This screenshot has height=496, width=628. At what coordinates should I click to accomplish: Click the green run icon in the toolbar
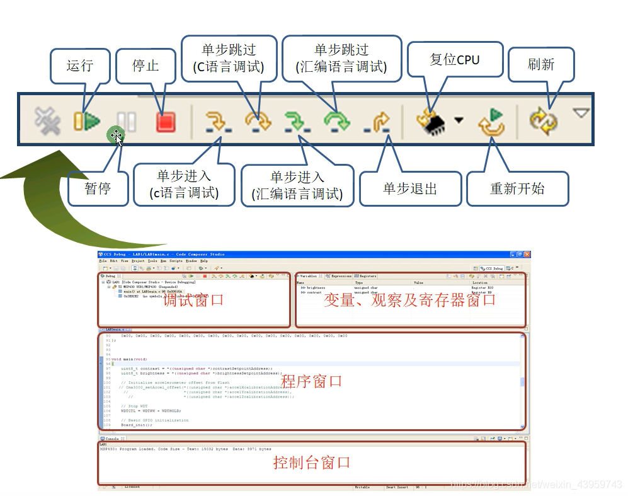click(87, 120)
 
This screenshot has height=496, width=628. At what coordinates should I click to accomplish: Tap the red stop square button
click(165, 120)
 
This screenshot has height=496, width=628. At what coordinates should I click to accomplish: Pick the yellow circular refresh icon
click(543, 120)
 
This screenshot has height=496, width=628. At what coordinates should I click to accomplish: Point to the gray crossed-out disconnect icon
click(47, 120)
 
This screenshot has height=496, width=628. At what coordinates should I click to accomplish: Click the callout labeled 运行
click(80, 66)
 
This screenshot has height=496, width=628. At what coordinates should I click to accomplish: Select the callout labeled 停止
click(146, 66)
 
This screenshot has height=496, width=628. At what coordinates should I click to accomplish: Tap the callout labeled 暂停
click(98, 188)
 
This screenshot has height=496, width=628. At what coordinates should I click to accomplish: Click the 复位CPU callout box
click(455, 60)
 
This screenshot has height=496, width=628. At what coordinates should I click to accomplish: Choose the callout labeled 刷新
click(541, 64)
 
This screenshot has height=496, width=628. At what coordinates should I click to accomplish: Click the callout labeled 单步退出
click(410, 188)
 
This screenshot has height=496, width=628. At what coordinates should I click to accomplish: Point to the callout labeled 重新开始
click(517, 188)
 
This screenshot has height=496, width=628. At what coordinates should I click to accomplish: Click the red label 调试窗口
click(193, 300)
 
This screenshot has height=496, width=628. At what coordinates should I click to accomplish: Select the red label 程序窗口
click(311, 381)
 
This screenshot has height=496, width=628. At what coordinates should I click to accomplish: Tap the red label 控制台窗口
click(311, 463)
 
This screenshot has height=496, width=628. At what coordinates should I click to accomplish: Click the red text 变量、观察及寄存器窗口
click(410, 300)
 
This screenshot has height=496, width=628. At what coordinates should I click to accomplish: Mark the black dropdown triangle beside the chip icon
click(459, 120)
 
